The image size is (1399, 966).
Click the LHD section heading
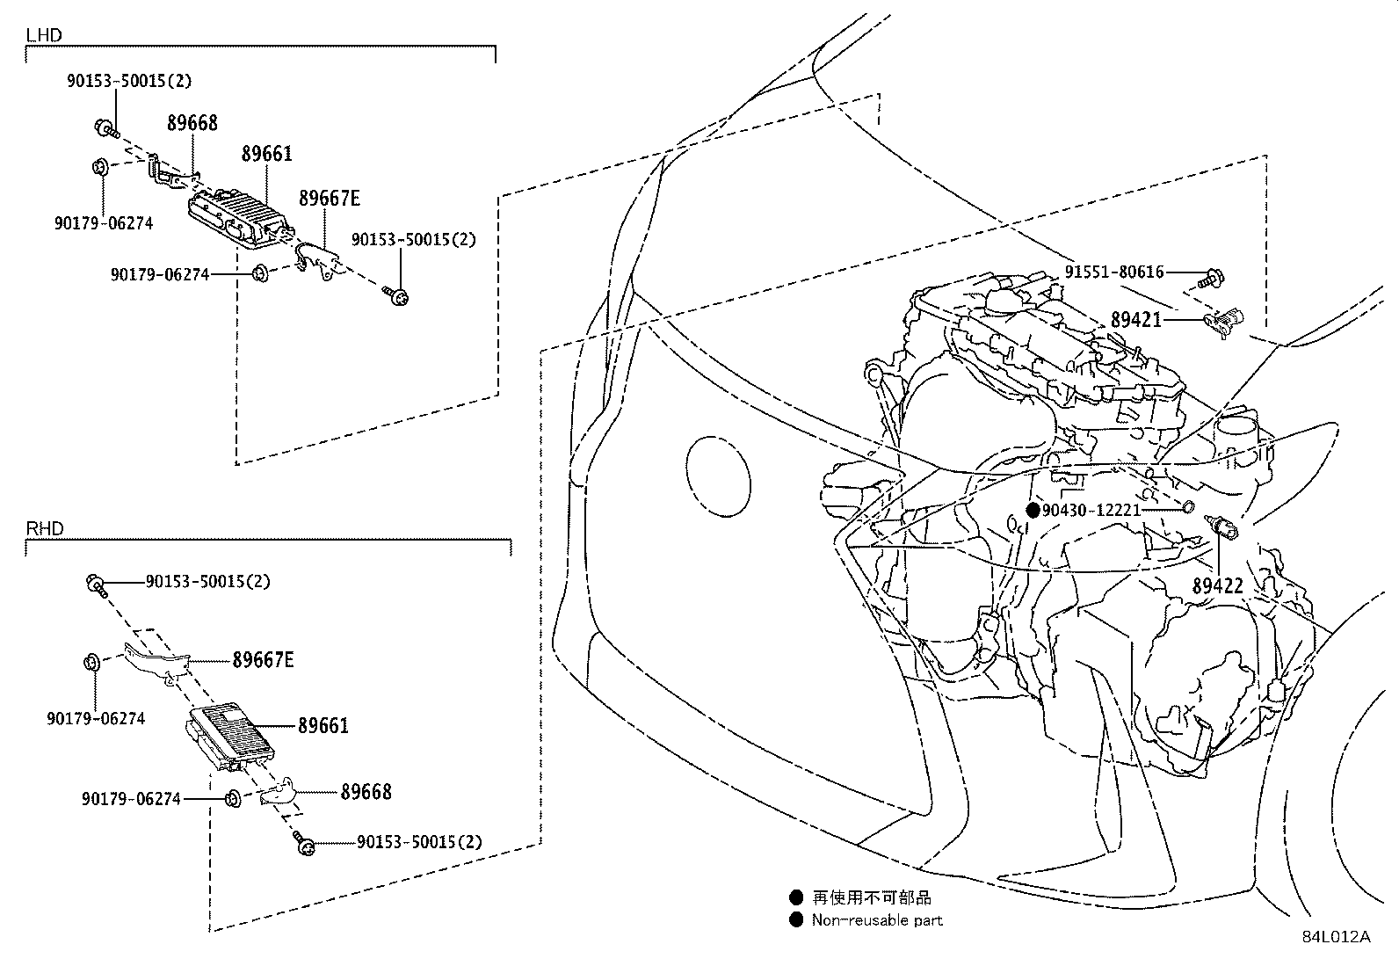click(x=43, y=36)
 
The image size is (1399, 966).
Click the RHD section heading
click(x=45, y=528)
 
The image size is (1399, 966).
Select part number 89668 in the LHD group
click(x=192, y=123)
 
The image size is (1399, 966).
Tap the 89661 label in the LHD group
click(x=267, y=155)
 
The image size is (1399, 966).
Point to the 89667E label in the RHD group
click(x=263, y=659)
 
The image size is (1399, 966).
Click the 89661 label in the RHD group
click(x=323, y=726)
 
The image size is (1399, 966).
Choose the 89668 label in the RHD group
click(x=366, y=792)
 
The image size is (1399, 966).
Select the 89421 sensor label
click(x=1135, y=321)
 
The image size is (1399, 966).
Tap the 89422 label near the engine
click(x=1217, y=585)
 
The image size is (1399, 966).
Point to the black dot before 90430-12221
click(x=1033, y=510)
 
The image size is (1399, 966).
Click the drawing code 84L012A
click(x=1336, y=937)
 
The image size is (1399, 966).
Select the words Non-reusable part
click(x=877, y=920)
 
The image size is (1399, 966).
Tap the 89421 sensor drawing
click(x=1225, y=323)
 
